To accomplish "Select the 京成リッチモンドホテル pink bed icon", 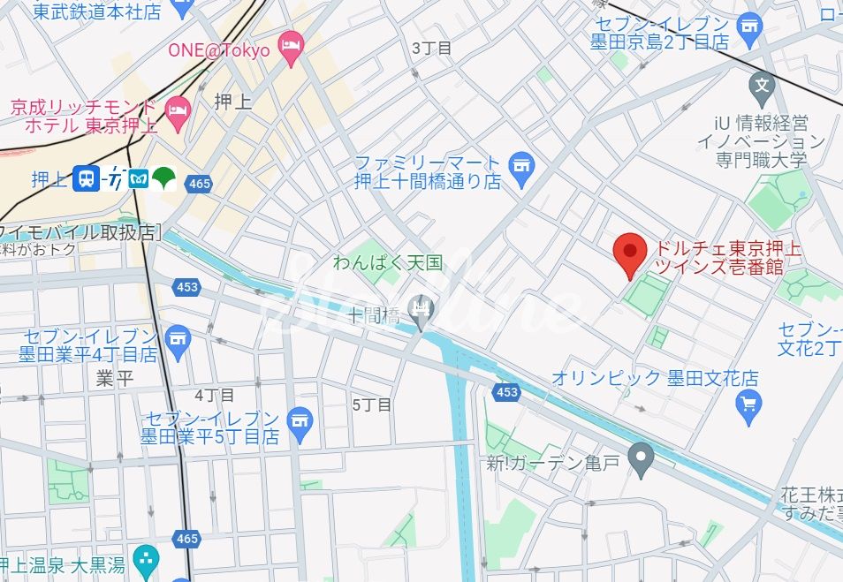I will tap(178, 110).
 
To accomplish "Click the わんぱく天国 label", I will tap(387, 262).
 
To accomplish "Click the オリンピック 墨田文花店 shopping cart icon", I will tap(748, 404).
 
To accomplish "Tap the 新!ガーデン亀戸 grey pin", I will tap(641, 458).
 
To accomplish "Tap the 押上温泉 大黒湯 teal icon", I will tap(146, 558).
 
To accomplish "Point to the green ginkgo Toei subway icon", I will tap(165, 178).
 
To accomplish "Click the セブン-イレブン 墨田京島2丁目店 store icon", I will tap(750, 31).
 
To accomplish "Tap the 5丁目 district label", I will tap(371, 404).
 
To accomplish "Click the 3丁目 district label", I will tap(432, 48).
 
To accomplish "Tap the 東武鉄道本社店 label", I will tap(97, 12).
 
